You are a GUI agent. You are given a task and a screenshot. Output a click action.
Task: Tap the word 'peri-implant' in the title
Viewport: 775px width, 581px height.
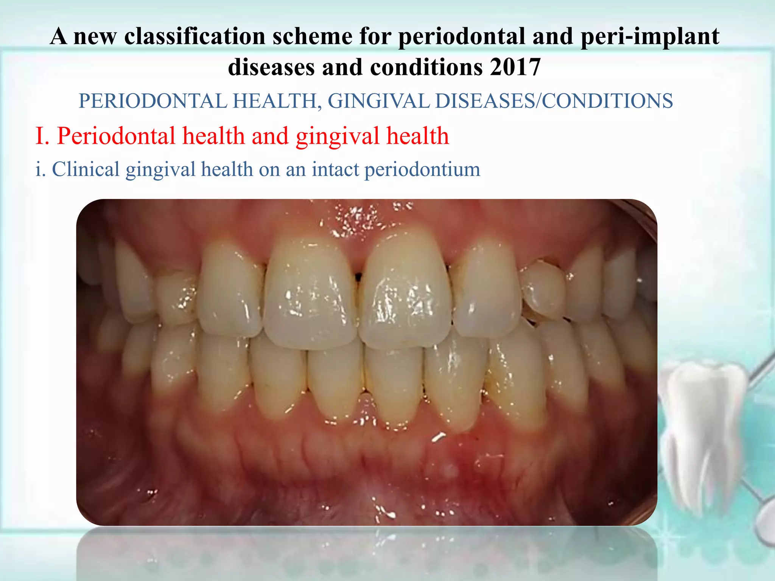click(x=650, y=36)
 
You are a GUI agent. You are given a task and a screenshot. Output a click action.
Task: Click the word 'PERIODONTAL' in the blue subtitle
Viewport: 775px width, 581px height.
click(x=153, y=101)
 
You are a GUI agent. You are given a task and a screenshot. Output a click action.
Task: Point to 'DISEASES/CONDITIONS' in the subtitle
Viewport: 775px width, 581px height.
click(x=554, y=101)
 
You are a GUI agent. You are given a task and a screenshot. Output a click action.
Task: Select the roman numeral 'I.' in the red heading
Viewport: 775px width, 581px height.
click(x=42, y=136)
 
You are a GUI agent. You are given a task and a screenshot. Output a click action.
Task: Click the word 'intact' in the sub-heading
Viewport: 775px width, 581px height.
click(x=335, y=169)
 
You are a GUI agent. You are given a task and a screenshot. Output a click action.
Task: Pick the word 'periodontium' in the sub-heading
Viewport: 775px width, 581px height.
click(x=422, y=169)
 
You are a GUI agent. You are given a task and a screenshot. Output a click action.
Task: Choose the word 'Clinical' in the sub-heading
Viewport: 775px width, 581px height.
click(x=86, y=169)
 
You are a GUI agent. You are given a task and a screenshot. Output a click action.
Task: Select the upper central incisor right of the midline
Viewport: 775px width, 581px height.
click(x=405, y=291)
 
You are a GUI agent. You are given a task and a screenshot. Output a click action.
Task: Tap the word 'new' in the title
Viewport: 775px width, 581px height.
click(x=95, y=36)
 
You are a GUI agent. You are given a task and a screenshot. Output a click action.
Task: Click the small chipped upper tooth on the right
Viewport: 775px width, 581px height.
click(x=542, y=289)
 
